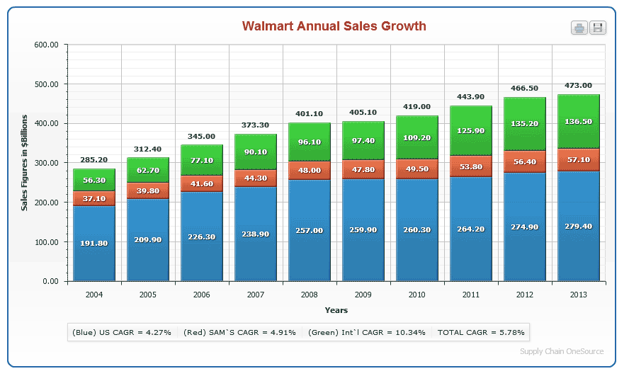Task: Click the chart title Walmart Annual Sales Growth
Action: (x=334, y=26)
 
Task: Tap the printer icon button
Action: (x=579, y=28)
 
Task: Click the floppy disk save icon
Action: (x=598, y=28)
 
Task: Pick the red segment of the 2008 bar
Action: (x=310, y=171)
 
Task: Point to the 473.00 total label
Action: (x=578, y=86)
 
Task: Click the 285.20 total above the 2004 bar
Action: (x=94, y=160)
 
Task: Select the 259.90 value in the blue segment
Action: (x=363, y=230)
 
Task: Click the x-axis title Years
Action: (x=336, y=310)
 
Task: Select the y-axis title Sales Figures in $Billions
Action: (x=25, y=164)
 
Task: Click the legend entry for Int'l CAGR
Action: (x=366, y=332)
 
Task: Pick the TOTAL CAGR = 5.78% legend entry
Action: (x=481, y=332)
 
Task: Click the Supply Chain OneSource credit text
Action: (x=561, y=351)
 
